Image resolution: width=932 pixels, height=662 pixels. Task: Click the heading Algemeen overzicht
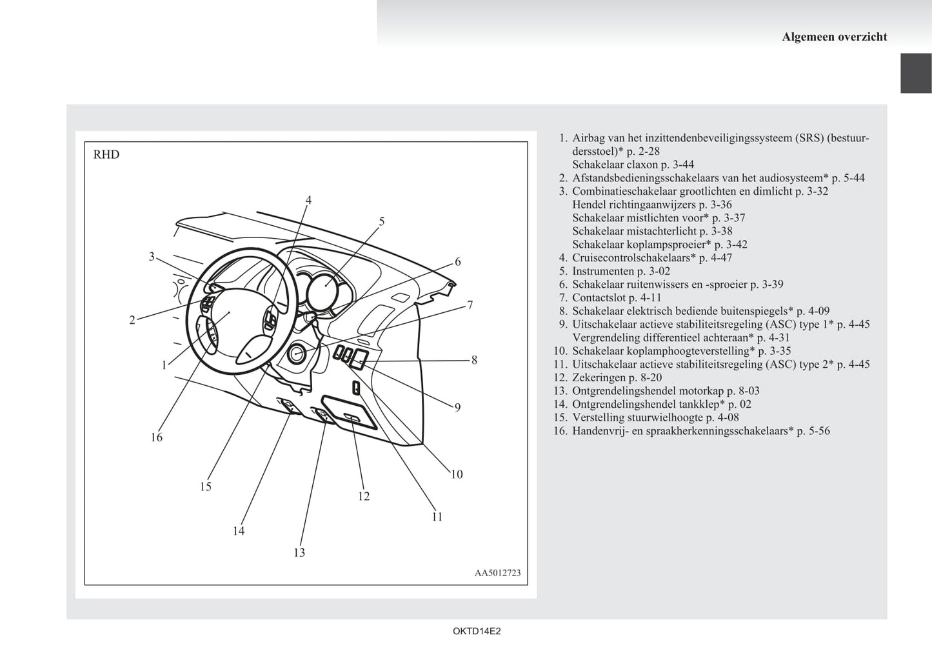(834, 37)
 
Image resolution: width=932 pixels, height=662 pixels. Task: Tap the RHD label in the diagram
(106, 155)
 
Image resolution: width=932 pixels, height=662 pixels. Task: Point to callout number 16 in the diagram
(157, 437)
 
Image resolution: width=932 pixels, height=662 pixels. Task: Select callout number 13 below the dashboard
(299, 552)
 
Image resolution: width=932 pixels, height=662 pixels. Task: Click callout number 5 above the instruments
(382, 222)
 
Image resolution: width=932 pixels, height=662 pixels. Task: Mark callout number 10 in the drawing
(457, 474)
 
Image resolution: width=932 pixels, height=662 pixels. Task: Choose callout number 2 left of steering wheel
(132, 320)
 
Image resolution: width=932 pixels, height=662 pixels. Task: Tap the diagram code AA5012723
(497, 573)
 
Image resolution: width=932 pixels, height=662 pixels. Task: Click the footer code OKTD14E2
(477, 632)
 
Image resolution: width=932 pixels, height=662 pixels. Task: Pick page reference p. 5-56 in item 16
(813, 430)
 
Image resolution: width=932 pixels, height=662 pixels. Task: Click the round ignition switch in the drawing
(297, 354)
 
